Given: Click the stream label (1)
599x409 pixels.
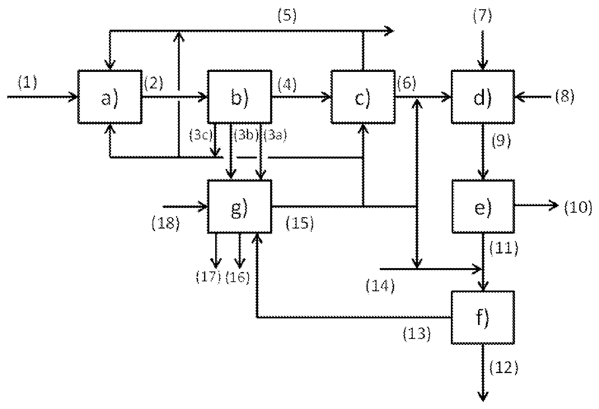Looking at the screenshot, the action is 27,82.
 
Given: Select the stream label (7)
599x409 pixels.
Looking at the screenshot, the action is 482,15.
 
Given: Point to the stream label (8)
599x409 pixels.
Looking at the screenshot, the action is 565,97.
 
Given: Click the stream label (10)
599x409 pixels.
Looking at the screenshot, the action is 578,207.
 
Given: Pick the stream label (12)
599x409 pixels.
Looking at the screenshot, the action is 504,368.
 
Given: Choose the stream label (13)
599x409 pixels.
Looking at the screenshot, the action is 417,334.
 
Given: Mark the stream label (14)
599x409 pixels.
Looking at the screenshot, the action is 380,286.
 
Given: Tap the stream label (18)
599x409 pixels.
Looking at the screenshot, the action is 166,223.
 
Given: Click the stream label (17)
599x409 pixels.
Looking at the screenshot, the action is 209,277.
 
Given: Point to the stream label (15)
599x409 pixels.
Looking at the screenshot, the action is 299,223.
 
